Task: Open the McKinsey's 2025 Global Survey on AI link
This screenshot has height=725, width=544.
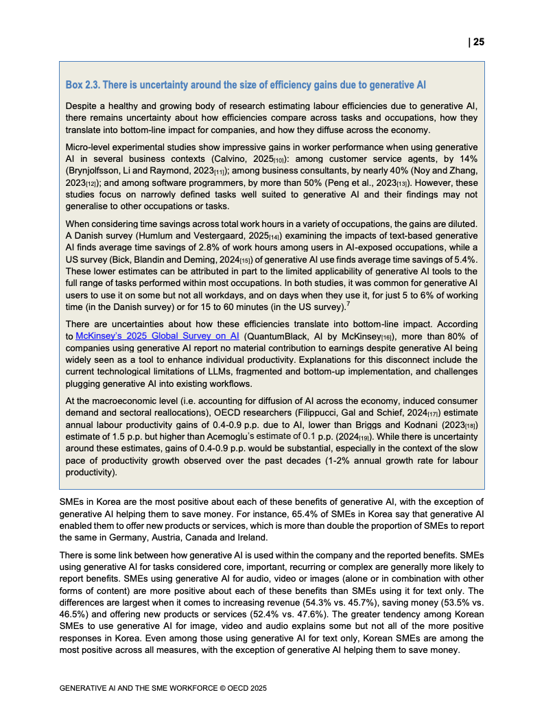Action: [157, 336]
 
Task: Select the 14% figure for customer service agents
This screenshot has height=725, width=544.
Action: [468, 158]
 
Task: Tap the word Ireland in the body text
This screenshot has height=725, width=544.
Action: [254, 537]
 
